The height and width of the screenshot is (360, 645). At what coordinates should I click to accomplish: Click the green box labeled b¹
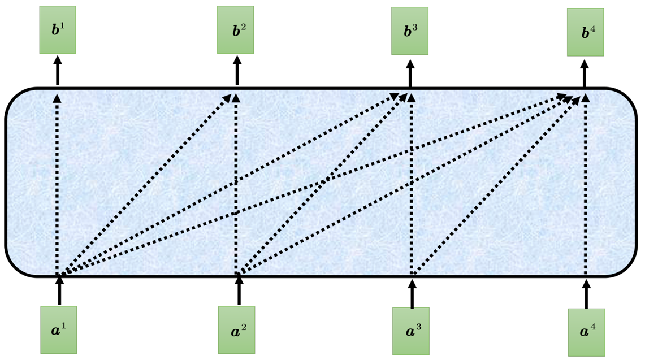pos(58,29)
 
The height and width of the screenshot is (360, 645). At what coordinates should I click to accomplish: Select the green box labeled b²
pos(235,29)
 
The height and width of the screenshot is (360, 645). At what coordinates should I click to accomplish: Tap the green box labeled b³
pos(410,31)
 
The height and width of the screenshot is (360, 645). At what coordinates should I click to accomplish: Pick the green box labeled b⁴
pos(585,32)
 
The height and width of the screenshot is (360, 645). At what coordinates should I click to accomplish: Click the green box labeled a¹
pos(58,329)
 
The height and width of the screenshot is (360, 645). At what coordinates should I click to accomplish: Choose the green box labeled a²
pos(236,329)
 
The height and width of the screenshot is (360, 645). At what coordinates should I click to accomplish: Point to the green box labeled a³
pos(411,331)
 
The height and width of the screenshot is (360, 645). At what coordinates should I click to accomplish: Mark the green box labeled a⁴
pos(587,332)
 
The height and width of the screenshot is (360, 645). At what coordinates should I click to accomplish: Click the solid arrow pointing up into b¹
pos(58,70)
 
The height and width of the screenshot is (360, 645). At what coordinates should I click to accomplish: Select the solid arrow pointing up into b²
pos(237,70)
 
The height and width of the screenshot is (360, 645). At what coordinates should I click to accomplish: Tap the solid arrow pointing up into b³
pos(410,73)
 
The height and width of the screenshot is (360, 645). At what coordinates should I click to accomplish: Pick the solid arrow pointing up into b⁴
pos(585,73)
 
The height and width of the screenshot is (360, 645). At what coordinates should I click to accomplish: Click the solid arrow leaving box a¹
pos(60,290)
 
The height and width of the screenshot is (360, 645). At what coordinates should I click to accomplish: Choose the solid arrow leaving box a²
pos(239,290)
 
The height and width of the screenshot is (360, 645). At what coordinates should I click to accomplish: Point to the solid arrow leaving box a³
pos(413,293)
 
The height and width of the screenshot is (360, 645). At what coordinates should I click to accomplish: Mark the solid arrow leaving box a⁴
pos(587,294)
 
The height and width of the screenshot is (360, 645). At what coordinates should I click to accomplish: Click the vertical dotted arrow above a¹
pos(57,184)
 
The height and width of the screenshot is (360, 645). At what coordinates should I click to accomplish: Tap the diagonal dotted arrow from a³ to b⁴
pos(497,184)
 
